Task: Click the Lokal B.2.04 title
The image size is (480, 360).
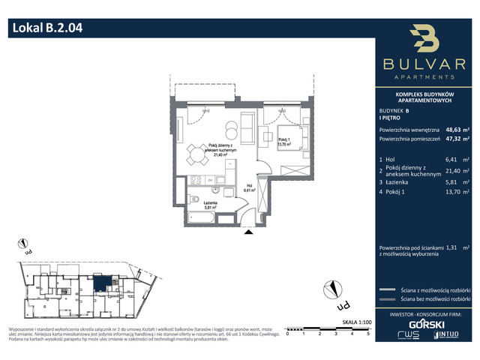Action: tap(46, 29)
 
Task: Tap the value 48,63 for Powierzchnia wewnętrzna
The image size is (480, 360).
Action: tap(454, 129)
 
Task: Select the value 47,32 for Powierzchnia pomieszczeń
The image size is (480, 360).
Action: tap(454, 139)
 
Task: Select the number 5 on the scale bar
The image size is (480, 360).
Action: tap(367, 333)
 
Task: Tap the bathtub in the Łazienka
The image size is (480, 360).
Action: tap(202, 219)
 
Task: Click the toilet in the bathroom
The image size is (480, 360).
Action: tap(193, 199)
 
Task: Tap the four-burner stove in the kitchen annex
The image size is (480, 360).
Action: tap(194, 180)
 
